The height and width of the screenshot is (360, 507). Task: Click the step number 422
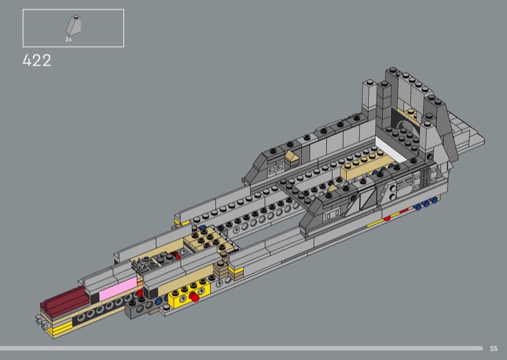pyautogui.click(x=37, y=60)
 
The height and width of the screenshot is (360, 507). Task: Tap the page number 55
pyautogui.click(x=494, y=349)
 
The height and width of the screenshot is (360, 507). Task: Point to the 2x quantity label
pyautogui.click(x=68, y=40)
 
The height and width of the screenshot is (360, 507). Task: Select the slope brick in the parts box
pyautogui.click(x=74, y=25)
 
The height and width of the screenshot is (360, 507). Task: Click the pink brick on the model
pyautogui.click(x=118, y=289)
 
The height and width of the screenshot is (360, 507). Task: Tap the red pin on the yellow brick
pyautogui.click(x=194, y=297)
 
